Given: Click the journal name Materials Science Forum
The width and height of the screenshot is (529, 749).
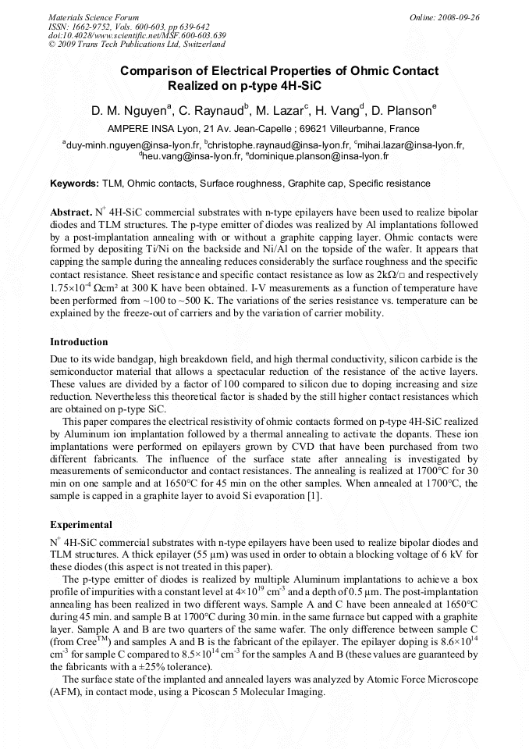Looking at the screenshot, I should coord(94,16).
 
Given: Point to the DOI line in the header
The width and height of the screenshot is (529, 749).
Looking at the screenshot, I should coord(137,36).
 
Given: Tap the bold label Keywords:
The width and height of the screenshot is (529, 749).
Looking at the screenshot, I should coord(74,184).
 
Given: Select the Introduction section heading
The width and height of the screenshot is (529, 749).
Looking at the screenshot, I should coord(79,342).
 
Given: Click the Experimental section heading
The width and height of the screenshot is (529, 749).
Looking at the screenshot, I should coord(81,525).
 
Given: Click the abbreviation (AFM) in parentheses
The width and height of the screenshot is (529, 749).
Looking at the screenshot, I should coord(66,692).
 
